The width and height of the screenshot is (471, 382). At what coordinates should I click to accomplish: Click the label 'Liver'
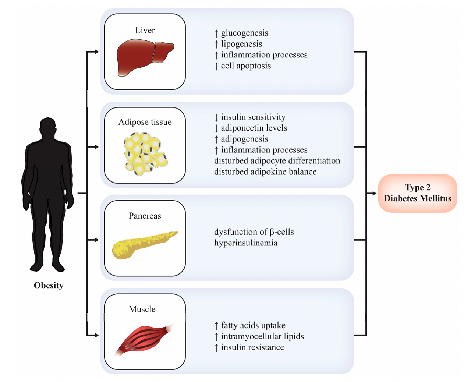click(x=145, y=30)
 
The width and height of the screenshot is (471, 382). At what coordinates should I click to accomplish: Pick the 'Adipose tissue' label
click(x=145, y=122)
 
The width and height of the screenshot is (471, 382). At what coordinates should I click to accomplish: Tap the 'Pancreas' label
click(x=145, y=216)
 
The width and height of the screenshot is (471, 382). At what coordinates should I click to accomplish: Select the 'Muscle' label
click(x=142, y=309)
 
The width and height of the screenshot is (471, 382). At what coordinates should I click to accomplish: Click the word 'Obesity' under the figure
click(x=49, y=285)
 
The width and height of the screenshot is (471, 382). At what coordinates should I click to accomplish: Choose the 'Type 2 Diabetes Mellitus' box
click(x=418, y=193)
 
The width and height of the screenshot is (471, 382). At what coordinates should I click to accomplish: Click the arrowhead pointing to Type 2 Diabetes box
click(x=374, y=193)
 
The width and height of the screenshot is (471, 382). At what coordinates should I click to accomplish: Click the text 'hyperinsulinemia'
click(x=246, y=243)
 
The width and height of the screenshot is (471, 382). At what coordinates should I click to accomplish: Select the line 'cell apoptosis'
click(x=246, y=66)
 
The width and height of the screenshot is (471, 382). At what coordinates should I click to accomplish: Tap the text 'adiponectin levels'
click(x=254, y=128)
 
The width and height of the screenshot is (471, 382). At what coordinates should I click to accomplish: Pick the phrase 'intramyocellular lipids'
click(x=262, y=336)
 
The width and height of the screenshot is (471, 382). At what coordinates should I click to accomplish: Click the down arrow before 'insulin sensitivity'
click(x=216, y=117)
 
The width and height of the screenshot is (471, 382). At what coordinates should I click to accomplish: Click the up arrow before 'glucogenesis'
click(x=216, y=33)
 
